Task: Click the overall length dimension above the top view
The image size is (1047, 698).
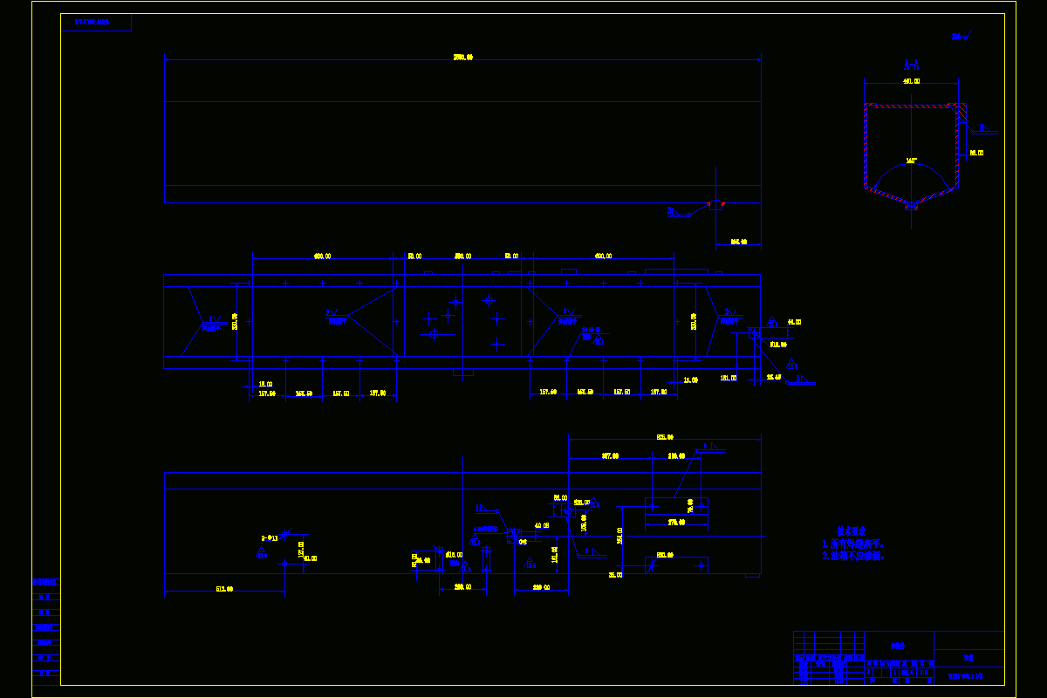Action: [462, 58]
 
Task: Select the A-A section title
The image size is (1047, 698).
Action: [911, 65]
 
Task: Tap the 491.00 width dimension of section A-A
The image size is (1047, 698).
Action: [911, 82]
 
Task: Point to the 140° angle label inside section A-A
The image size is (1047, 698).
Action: [911, 161]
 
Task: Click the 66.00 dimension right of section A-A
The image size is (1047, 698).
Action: [976, 153]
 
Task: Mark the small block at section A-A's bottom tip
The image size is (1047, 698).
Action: [911, 207]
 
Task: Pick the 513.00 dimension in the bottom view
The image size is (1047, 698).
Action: [224, 589]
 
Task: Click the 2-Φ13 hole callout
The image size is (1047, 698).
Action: [270, 538]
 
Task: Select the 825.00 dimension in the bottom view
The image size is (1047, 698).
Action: [665, 437]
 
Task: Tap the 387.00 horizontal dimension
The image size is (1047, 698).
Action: [610, 455]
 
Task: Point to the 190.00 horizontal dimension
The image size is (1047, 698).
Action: [677, 455]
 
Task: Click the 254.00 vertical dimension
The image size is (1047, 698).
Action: [619, 535]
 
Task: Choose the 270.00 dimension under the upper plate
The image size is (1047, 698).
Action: [676, 522]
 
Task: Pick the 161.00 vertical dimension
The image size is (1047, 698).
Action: [554, 554]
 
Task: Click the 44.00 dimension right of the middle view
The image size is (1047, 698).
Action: [794, 322]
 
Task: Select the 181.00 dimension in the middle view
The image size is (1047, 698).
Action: [728, 378]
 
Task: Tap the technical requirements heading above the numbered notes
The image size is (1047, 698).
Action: [851, 530]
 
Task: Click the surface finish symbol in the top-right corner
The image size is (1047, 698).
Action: [960, 37]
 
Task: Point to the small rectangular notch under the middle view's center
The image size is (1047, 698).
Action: [463, 373]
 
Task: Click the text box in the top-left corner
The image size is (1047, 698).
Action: [96, 22]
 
